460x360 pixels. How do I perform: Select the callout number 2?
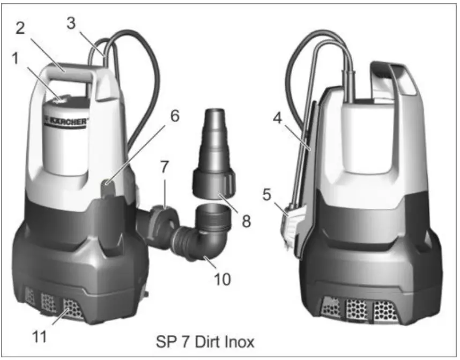[20, 28]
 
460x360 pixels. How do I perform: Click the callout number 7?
[165, 167]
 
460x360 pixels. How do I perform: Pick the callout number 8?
[246, 221]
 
